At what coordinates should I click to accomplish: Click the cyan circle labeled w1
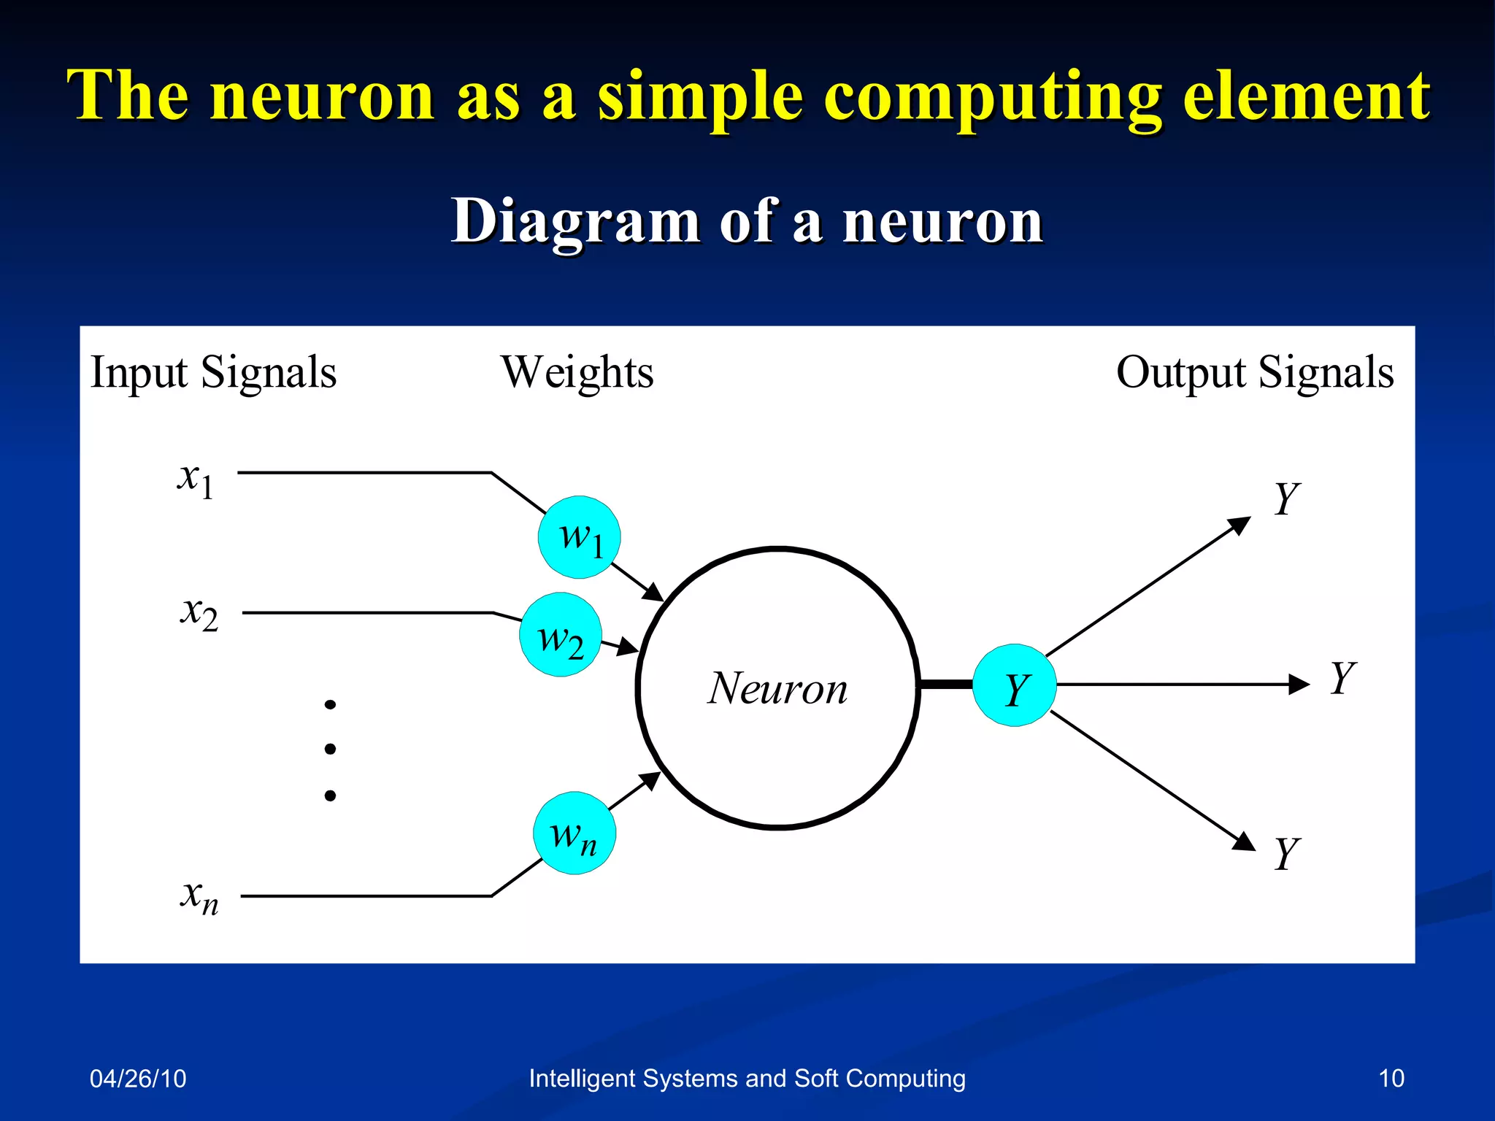click(579, 538)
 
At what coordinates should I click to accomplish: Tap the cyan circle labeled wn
click(574, 833)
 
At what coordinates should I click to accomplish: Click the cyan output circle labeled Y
click(1015, 685)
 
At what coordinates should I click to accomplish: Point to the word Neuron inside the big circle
click(778, 688)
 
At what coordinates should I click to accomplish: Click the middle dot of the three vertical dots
click(330, 749)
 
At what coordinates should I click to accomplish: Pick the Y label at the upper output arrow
click(1286, 499)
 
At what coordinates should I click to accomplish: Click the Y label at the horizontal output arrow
click(1342, 678)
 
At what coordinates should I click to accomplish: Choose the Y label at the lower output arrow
click(1286, 853)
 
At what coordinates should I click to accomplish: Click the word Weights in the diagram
click(577, 373)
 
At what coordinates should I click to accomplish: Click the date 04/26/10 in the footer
click(138, 1079)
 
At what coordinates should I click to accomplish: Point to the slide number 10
click(1391, 1079)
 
